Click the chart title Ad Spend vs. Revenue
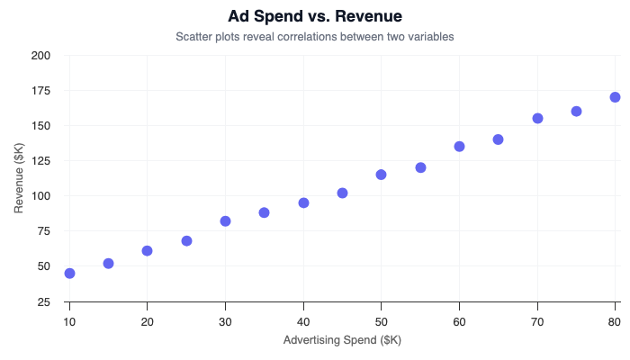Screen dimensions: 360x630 click(x=315, y=16)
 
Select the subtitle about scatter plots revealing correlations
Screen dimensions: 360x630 click(x=315, y=37)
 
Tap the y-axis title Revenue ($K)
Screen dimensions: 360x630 click(x=19, y=178)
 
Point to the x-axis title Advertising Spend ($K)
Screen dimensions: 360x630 click(x=342, y=340)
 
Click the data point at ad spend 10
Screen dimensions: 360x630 click(x=69, y=273)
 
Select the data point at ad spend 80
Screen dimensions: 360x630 click(x=615, y=97)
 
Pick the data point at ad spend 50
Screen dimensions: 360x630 click(x=381, y=175)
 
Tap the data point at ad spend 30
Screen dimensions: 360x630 click(x=225, y=220)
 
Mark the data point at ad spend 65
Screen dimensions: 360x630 click(x=498, y=139)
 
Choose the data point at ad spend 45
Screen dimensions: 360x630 click(x=342, y=193)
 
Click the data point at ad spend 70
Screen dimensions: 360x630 click(x=537, y=118)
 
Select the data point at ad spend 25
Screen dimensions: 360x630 click(x=186, y=240)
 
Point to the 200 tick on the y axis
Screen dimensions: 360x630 click(x=40, y=56)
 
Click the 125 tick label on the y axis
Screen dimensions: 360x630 click(x=40, y=161)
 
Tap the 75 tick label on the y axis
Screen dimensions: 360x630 click(x=43, y=231)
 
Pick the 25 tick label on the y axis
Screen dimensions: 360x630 click(x=43, y=301)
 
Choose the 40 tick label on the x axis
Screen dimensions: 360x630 click(x=303, y=320)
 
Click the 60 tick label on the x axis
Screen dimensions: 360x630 click(x=459, y=320)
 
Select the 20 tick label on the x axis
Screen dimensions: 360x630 click(x=147, y=320)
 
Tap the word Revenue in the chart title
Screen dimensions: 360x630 click(x=363, y=16)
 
